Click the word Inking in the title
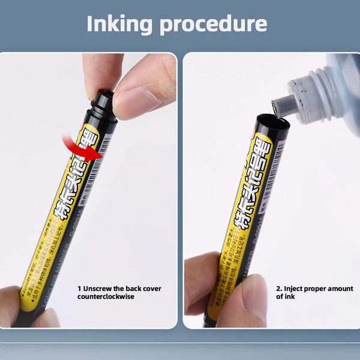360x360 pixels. (x=125, y=23)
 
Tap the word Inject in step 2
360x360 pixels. (x=293, y=289)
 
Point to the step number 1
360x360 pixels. (x=79, y=289)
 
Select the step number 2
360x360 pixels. (x=278, y=289)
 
